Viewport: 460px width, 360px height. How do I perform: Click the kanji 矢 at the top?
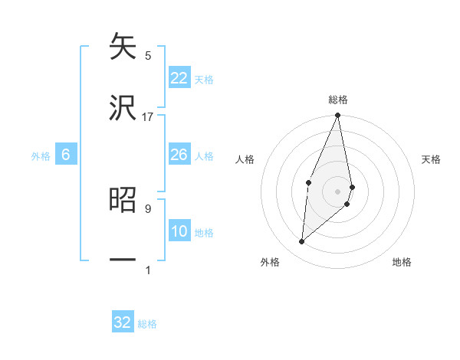coord(123,47)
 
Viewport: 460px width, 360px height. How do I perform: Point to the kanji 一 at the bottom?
coord(123,261)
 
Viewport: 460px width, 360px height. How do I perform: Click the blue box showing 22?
coord(179,78)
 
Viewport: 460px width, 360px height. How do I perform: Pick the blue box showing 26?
coord(179,155)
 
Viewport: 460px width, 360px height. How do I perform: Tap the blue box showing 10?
coord(179,231)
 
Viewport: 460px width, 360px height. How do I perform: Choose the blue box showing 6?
coord(66,155)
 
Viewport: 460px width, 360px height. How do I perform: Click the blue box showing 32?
coord(123,322)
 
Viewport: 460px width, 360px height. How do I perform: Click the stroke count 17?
coord(148,117)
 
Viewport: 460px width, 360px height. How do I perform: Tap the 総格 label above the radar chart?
coord(338,100)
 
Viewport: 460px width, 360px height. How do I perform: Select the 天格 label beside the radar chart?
coord(432,159)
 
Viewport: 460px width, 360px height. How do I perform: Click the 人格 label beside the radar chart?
coord(245,159)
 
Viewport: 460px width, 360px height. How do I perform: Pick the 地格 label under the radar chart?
coord(402,262)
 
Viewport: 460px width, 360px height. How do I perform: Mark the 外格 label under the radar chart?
coord(270,262)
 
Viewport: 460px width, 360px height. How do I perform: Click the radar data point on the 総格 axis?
coord(338,116)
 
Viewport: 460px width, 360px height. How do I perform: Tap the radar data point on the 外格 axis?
coord(302,242)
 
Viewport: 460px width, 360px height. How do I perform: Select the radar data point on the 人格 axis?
coord(308,182)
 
